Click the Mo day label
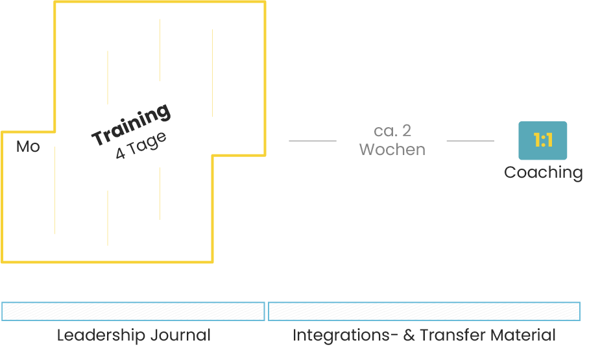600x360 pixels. pos(28,147)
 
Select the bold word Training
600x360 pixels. pos(132,125)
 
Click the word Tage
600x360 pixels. pos(147,144)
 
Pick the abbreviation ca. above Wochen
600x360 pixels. pos(383,131)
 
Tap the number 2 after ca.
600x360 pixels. pos(406,131)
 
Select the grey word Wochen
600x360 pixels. pos(392,149)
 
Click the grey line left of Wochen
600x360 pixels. pos(312,140)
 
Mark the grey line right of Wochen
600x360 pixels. pos(470,140)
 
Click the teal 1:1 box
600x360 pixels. pos(542,140)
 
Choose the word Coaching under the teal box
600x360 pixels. pos(543,173)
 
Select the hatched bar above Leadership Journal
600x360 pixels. pos(133,311)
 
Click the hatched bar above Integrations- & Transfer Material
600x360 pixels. pos(424,311)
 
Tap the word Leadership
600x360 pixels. pos(101,335)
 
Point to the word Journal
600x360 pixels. pos(180,335)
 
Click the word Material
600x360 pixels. pos(523,335)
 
